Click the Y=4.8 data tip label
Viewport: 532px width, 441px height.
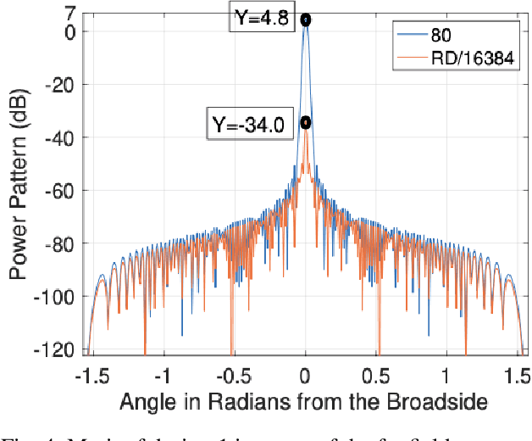pos(262,17)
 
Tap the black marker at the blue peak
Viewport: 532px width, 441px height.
pos(306,20)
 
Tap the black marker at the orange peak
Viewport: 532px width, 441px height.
pos(305,123)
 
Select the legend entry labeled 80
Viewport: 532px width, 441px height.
pos(441,36)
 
